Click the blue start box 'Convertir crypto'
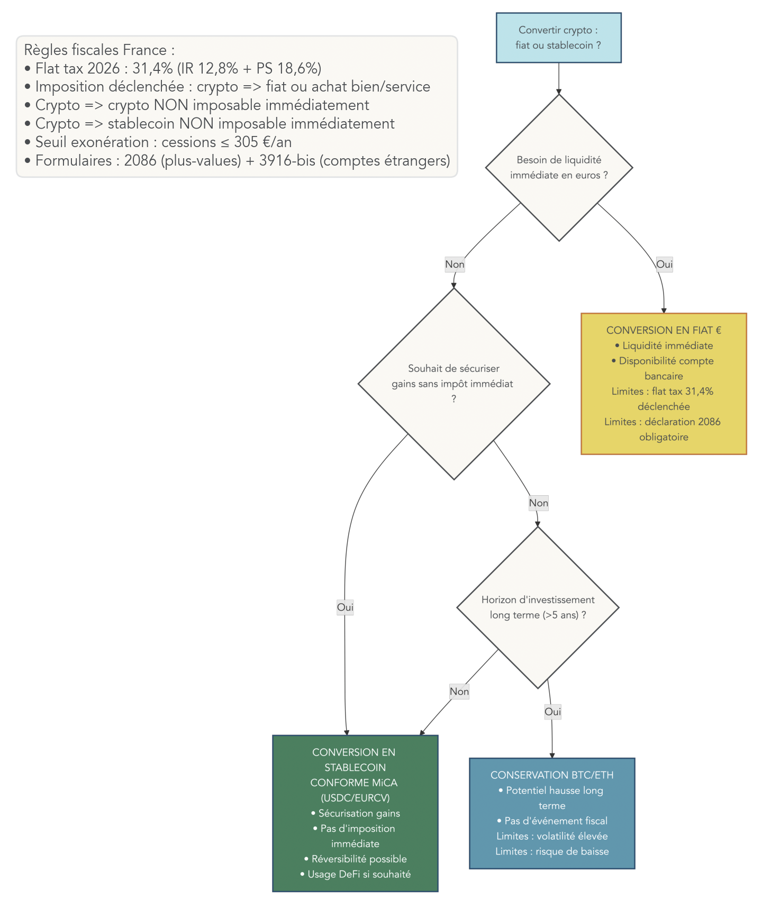[x=558, y=38]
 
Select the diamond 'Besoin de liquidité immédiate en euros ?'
[x=559, y=167]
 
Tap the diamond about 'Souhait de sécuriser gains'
[x=453, y=383]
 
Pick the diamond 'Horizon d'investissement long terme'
[x=538, y=607]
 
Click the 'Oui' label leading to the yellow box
[x=664, y=264]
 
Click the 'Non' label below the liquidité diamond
[x=455, y=264]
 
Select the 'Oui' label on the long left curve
[x=345, y=607]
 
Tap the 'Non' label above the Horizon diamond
[x=538, y=503]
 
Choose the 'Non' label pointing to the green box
[x=459, y=691]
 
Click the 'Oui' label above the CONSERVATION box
[x=552, y=712]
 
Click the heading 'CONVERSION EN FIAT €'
[x=663, y=330]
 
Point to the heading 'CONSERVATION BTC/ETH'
[x=551, y=775]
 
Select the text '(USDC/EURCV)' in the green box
[x=355, y=798]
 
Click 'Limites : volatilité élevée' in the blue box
[x=551, y=836]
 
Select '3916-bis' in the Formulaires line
[x=287, y=160]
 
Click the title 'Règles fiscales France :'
[x=99, y=50]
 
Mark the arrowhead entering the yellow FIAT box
[x=664, y=310]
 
